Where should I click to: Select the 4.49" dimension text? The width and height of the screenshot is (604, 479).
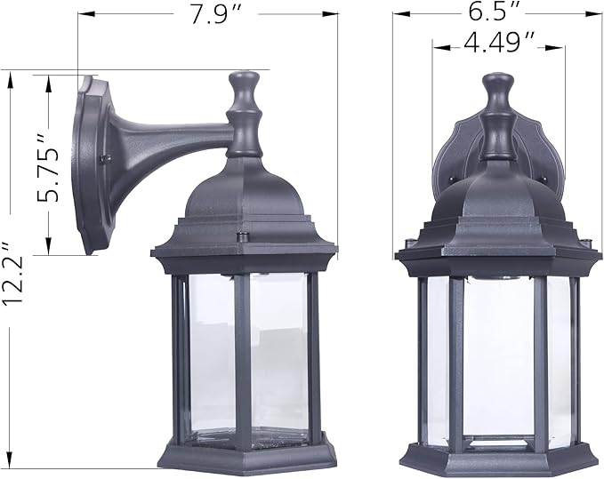point(498,41)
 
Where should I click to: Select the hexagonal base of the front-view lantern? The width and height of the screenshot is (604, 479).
point(498,455)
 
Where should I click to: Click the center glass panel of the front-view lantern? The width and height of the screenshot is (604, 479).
point(498,355)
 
